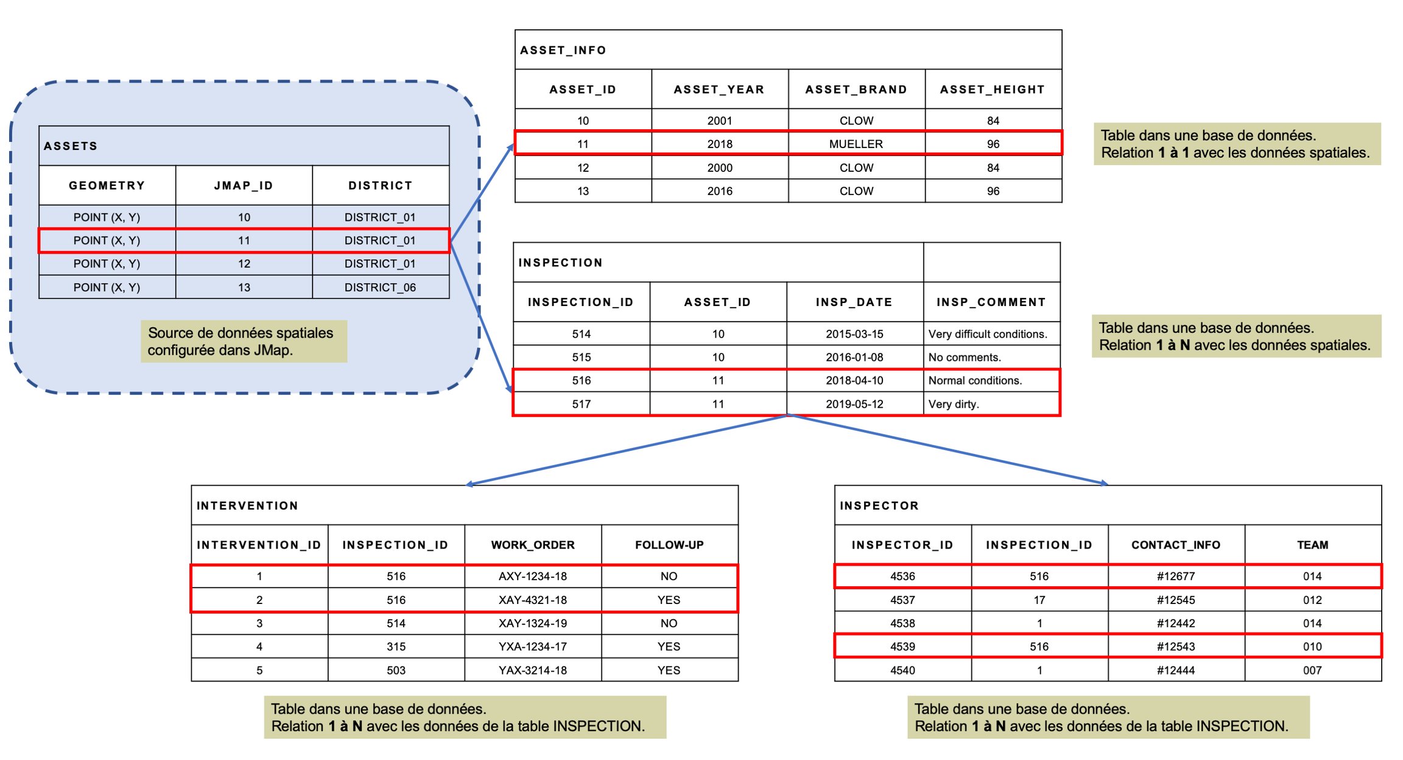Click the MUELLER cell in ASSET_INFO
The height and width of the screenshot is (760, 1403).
[x=856, y=144]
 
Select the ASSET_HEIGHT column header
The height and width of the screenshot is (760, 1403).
[x=993, y=90]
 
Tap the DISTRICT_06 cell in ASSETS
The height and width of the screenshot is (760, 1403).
[x=380, y=287]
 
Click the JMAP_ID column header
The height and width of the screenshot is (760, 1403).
[x=244, y=185]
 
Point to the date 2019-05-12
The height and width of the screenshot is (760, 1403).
[x=854, y=404]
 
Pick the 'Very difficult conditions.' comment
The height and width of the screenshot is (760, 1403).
[x=988, y=334]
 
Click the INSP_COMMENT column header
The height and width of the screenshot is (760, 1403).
[x=991, y=302]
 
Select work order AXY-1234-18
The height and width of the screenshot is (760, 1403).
[x=532, y=577]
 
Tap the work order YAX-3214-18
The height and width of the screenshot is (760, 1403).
[x=532, y=670]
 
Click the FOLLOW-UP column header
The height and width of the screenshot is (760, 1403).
[x=669, y=545]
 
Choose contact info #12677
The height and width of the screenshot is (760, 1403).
[x=1175, y=577]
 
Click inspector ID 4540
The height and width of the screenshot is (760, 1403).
[x=902, y=670]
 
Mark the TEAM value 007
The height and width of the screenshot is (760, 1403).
[x=1312, y=670]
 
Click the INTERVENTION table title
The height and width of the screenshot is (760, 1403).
[x=247, y=506]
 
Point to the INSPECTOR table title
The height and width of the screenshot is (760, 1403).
[x=879, y=506]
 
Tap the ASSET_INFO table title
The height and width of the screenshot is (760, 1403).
[x=563, y=51]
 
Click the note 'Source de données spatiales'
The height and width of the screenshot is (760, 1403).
[x=241, y=333]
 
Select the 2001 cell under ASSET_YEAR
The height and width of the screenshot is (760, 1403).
[x=719, y=121]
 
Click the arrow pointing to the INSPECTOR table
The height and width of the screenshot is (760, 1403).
[x=948, y=450]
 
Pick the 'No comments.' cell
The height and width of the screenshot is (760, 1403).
[x=964, y=357]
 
